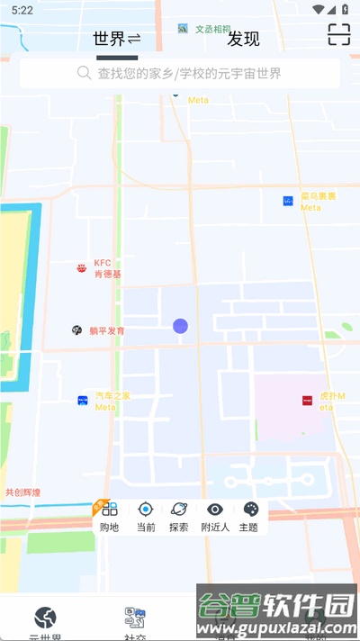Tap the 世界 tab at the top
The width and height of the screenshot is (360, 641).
click(x=110, y=39)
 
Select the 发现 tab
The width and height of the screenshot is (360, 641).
click(x=243, y=39)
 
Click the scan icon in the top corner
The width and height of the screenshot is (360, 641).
click(x=338, y=35)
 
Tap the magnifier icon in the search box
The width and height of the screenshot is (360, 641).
click(x=85, y=73)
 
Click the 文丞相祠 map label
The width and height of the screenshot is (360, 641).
click(x=212, y=29)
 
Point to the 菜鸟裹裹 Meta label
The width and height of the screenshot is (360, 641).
click(x=318, y=201)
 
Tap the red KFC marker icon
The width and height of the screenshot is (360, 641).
click(x=82, y=268)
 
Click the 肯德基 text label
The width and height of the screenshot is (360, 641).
click(x=107, y=275)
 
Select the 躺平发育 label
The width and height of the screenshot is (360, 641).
click(x=107, y=330)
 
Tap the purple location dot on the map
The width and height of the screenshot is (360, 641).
click(x=180, y=326)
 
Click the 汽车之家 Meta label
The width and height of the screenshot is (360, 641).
click(x=112, y=401)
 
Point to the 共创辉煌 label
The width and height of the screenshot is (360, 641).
click(x=22, y=492)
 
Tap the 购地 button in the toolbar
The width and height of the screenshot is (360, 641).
click(x=109, y=517)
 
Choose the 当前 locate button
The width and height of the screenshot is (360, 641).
click(x=146, y=517)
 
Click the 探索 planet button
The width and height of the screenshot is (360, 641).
click(x=179, y=517)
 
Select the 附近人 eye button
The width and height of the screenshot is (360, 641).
click(x=215, y=517)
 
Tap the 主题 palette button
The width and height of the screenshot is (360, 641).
click(x=249, y=517)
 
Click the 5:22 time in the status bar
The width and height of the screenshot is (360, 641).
click(x=23, y=10)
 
